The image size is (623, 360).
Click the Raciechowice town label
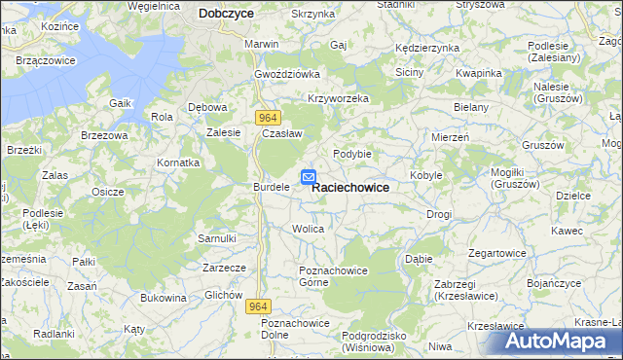click(x=350, y=188)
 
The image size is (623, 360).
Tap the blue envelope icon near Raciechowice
click(x=308, y=177)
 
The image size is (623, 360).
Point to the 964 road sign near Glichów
click(x=257, y=306)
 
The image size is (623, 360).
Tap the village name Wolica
click(x=308, y=229)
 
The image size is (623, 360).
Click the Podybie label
click(x=352, y=153)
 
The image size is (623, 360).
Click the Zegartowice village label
click(x=497, y=252)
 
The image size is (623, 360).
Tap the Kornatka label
click(x=180, y=162)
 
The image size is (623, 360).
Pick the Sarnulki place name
click(x=217, y=238)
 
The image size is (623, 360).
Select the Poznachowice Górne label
click(x=324, y=275)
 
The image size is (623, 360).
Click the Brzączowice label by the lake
click(x=47, y=60)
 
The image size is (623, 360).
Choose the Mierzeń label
click(x=450, y=137)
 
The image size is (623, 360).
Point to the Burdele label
click(x=272, y=186)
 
